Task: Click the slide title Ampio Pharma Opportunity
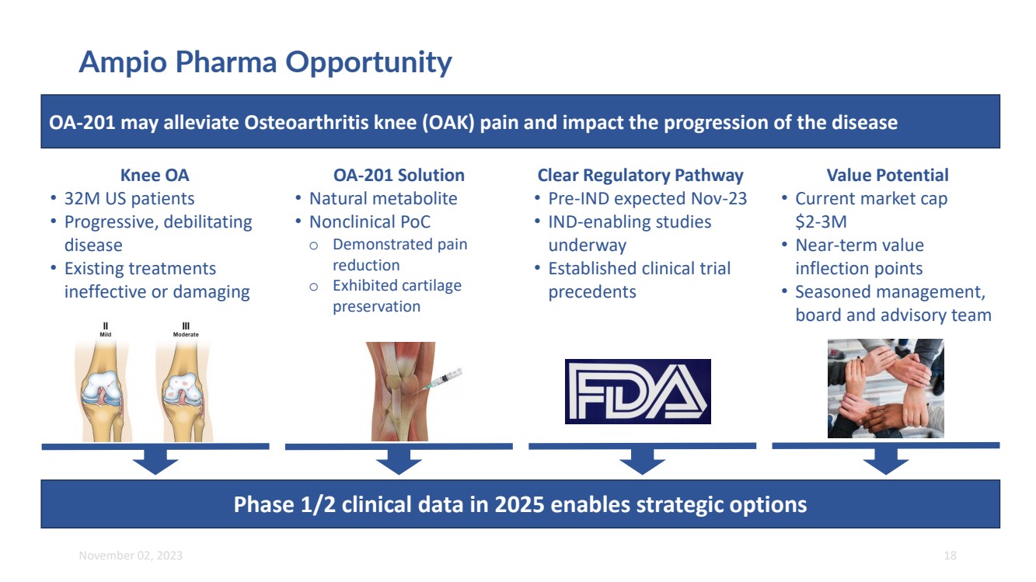265,62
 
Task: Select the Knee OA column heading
155,175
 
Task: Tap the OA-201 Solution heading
399,175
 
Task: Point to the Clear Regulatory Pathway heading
640,176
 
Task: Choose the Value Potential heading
887,175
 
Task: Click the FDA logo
638,392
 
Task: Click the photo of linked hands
886,389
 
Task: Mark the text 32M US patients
129,199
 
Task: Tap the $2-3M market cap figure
821,222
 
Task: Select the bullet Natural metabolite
383,199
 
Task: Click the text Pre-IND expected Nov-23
647,199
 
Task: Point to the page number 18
950,555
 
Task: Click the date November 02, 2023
131,555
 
